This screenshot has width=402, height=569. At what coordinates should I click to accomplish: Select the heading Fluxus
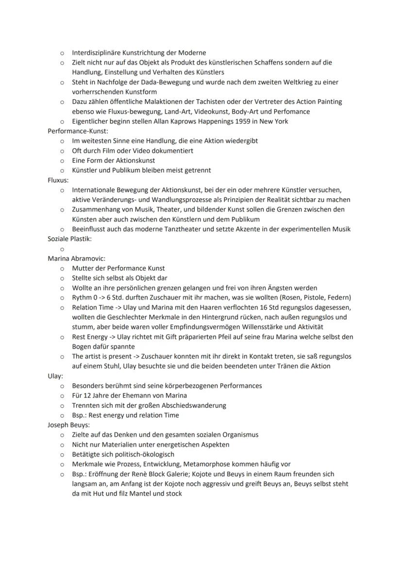pyautogui.click(x=58, y=180)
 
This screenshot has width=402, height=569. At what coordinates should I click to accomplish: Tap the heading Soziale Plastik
pyautogui.click(x=69, y=239)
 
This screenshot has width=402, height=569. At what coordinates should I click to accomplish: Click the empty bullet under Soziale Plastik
pyautogui.click(x=62, y=249)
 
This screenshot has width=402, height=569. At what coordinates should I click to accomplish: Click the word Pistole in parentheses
pyautogui.click(x=314, y=297)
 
